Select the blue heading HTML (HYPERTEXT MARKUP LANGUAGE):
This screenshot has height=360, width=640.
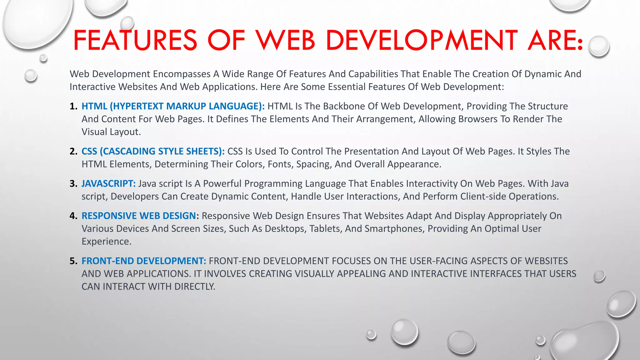(x=173, y=106)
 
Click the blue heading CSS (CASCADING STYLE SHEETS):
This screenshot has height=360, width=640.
(x=153, y=151)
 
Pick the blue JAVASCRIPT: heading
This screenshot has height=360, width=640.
(x=108, y=183)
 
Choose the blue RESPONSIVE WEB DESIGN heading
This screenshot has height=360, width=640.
(x=138, y=216)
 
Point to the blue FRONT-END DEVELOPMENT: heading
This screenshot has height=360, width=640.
(x=144, y=261)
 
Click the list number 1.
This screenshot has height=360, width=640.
(x=73, y=106)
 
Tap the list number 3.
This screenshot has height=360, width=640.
(x=73, y=183)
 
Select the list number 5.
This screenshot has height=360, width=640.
(x=73, y=261)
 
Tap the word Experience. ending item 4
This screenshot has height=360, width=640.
(x=106, y=242)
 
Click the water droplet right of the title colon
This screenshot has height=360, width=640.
(x=599, y=46)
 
